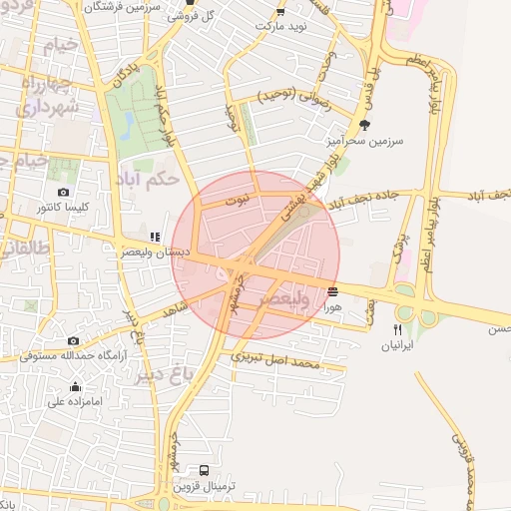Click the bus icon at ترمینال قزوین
[x=205, y=469]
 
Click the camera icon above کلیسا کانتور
[x=64, y=192]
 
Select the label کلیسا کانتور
[x=63, y=208]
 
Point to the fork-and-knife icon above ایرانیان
[x=397, y=329]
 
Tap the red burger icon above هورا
[x=332, y=291]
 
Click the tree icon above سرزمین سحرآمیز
[x=363, y=125]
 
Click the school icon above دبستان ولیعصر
[x=154, y=238]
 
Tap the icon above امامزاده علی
[x=75, y=387]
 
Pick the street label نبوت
[x=238, y=201]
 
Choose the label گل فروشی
[x=195, y=17]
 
